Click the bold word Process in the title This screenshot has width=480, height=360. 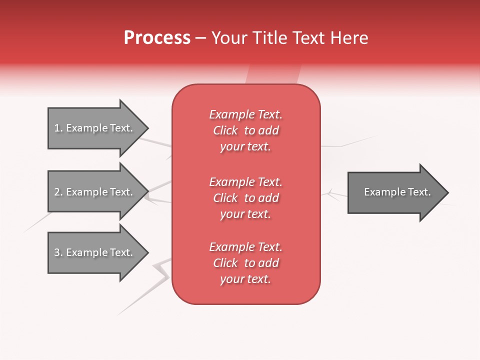click(x=157, y=38)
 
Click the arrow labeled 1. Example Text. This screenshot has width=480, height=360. click(x=95, y=128)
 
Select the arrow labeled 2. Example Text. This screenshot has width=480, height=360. click(x=95, y=192)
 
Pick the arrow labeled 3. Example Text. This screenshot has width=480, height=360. click(x=95, y=252)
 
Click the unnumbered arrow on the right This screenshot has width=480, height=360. click(x=395, y=192)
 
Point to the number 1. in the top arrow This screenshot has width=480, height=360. click(x=58, y=128)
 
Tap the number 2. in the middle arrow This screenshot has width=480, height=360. click(x=58, y=192)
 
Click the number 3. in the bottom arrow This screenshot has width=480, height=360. click(x=58, y=252)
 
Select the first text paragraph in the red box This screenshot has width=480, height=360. click(x=245, y=130)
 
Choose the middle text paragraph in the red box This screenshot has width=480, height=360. click(x=245, y=198)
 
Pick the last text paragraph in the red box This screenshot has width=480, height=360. click(x=245, y=263)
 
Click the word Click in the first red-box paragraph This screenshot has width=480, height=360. click(x=225, y=130)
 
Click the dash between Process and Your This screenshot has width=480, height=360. click(x=201, y=38)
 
